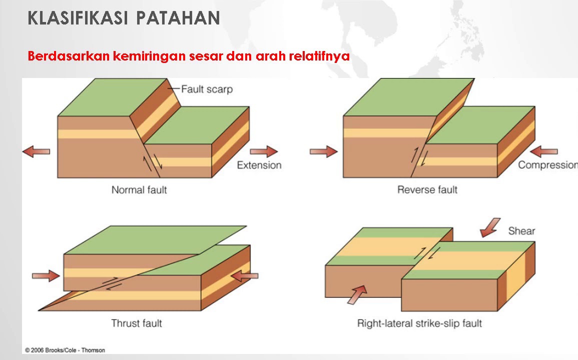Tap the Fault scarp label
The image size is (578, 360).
[x=207, y=89]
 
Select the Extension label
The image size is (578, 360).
[x=259, y=165]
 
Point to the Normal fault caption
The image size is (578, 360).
[x=139, y=190]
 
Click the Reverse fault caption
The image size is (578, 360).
[x=427, y=190]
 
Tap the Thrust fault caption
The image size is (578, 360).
[x=137, y=323]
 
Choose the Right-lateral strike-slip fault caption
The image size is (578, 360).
[x=419, y=323]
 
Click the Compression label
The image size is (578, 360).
[x=548, y=164]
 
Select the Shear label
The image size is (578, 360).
[x=521, y=231]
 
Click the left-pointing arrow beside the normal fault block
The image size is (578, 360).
[x=36, y=151]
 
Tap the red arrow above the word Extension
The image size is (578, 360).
[x=264, y=151]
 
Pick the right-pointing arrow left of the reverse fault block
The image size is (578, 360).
[x=324, y=151]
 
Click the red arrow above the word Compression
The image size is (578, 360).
[x=543, y=151]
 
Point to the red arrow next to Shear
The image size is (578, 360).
[x=490, y=227]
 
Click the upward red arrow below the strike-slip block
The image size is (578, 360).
[x=357, y=295]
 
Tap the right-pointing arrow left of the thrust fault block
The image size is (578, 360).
[x=46, y=275]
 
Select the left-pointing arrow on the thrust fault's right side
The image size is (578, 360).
[x=244, y=275]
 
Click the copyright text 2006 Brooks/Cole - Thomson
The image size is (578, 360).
[x=65, y=350]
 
